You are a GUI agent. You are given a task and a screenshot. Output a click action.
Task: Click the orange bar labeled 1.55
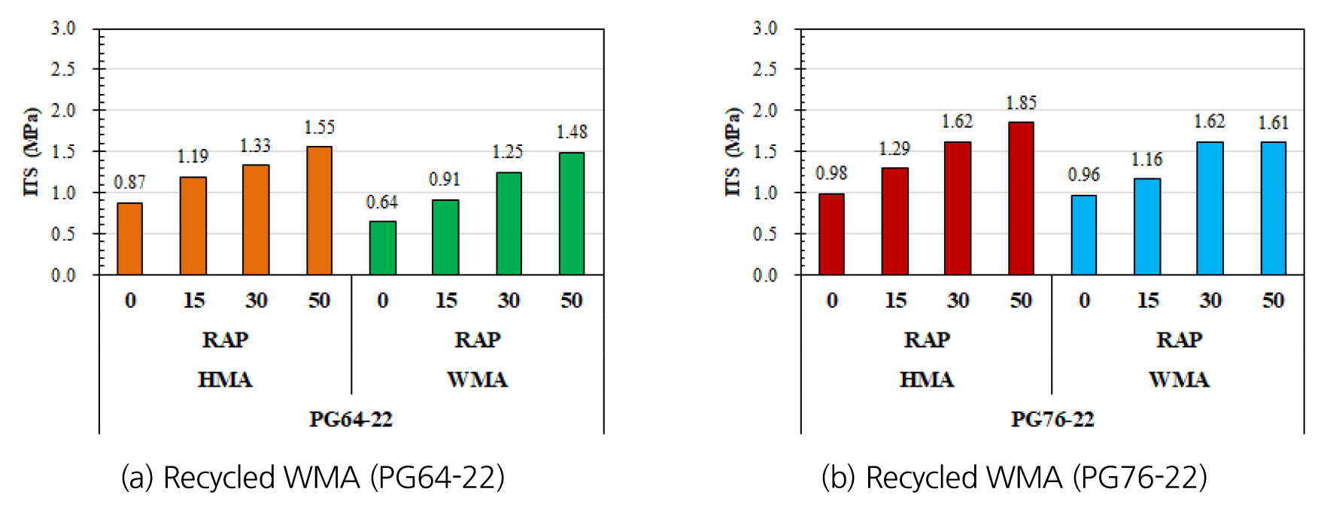click(x=319, y=211)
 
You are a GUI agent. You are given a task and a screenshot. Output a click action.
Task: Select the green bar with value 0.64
click(x=382, y=248)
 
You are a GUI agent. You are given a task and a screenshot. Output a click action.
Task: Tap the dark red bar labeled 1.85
click(x=1021, y=199)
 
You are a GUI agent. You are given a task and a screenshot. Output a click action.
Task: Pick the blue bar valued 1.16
click(x=1147, y=226)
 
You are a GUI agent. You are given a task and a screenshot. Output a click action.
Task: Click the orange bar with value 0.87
click(x=130, y=238)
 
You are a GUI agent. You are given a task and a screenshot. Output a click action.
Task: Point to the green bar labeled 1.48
click(x=572, y=214)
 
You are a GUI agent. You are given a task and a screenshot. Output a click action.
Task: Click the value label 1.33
click(x=255, y=146)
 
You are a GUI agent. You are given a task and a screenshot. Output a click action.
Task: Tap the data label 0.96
click(x=1083, y=175)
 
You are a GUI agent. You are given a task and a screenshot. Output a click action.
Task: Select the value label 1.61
click(x=1273, y=123)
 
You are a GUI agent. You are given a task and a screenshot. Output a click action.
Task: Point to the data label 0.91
click(x=444, y=180)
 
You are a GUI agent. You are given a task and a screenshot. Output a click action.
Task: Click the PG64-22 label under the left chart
click(x=351, y=419)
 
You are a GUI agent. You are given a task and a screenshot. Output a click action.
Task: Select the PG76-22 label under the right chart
click(x=1052, y=419)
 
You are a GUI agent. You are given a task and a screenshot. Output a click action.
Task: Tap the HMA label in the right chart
click(x=926, y=379)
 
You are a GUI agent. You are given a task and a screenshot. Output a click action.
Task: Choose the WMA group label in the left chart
click(x=477, y=379)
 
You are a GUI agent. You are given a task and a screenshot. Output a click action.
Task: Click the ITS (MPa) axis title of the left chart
click(x=31, y=152)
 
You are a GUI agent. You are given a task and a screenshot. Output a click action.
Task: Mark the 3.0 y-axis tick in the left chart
click(x=63, y=29)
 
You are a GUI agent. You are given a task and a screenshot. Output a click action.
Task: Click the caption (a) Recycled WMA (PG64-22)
click(x=312, y=478)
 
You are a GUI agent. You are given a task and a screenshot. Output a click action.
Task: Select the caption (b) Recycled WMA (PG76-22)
click(x=1013, y=478)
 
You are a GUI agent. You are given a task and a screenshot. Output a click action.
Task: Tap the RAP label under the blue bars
click(x=1178, y=340)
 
